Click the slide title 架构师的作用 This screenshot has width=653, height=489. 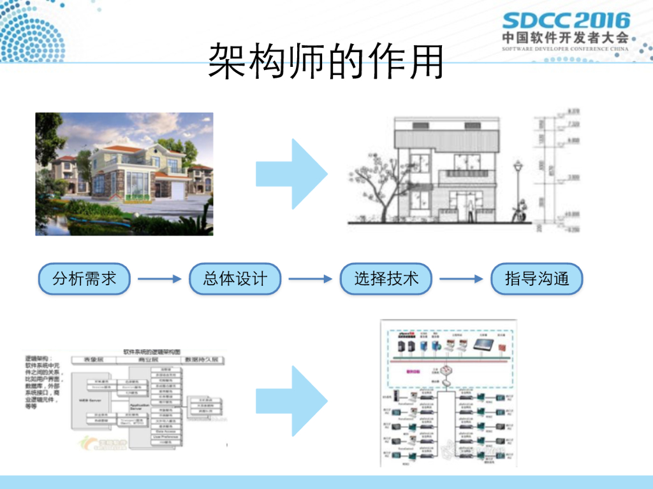coord(326,62)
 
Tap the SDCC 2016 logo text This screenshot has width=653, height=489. coord(566,21)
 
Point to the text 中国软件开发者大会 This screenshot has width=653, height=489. coord(565,38)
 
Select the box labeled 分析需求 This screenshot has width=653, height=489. coord(85,278)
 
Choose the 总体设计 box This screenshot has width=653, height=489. coord(235,278)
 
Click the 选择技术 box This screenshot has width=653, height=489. coord(386,278)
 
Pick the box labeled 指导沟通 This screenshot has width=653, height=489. coord(536,278)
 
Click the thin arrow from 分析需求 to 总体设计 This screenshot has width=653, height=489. coord(159,279)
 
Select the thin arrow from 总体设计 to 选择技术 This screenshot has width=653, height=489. coord(310,279)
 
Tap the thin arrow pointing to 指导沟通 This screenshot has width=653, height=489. coord(461,279)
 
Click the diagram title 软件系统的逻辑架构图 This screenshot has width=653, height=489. coord(152,351)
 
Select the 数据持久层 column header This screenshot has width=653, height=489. coord(202,360)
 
